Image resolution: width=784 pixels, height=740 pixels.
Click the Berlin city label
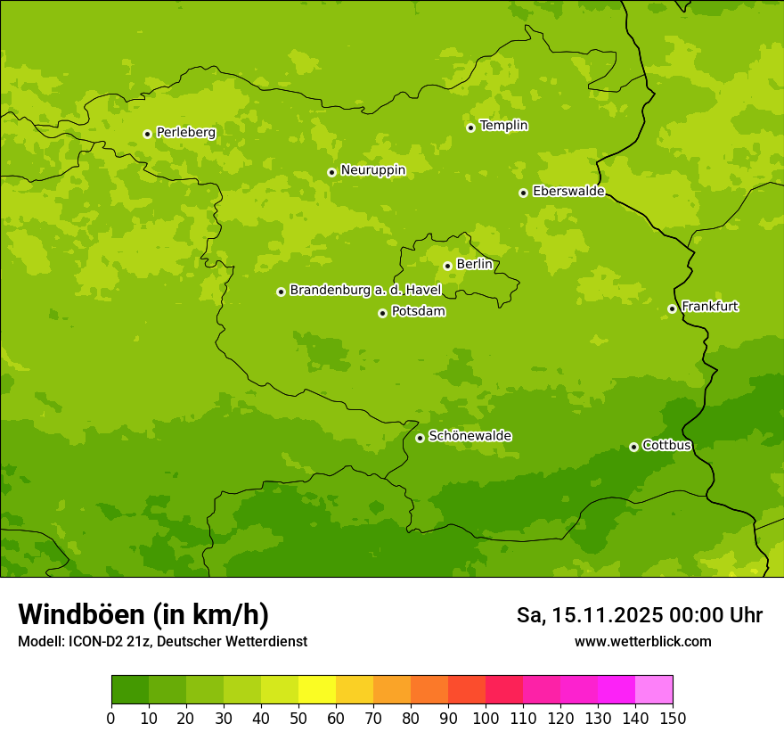coord(474,264)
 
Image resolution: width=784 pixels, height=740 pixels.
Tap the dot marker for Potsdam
coord(382,313)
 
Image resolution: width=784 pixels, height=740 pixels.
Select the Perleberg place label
coord(186,132)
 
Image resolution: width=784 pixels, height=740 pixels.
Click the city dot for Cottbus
coord(633,447)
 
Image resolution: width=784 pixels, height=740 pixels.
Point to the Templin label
coord(503,126)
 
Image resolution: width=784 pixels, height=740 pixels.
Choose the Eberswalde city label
coord(568,191)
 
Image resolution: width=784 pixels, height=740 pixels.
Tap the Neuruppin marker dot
coord(331,172)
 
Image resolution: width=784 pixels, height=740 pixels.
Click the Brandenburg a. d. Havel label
coord(365,290)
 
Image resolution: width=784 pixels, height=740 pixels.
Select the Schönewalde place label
coord(470,436)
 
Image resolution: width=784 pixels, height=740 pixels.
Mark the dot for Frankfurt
coord(672,308)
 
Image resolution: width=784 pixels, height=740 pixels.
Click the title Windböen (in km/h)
coord(143,614)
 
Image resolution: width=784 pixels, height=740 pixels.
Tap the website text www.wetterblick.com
coord(642,641)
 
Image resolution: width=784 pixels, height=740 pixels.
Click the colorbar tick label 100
coord(486,718)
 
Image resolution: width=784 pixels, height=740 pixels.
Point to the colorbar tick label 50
coord(298,718)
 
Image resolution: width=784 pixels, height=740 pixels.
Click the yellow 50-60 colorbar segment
coord(317,690)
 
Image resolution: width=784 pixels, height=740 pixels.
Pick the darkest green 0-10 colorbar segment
coord(130,690)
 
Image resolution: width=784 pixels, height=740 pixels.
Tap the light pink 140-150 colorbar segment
coord(654,690)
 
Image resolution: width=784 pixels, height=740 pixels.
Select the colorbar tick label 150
coord(673,718)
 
